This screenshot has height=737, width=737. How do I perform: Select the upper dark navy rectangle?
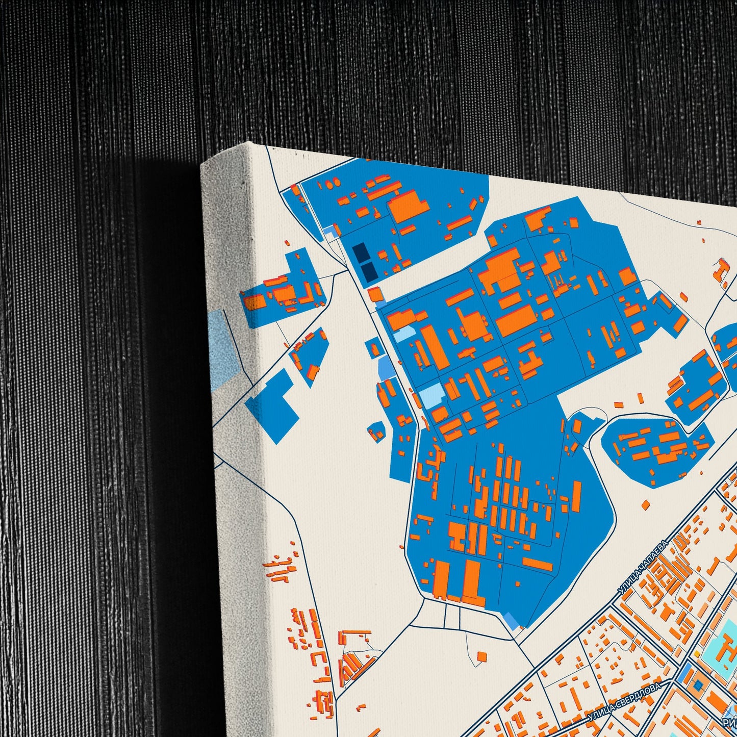[x=359, y=252]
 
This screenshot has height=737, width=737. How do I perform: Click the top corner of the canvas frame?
[x=248, y=143]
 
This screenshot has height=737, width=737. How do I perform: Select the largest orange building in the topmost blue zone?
[x=408, y=206]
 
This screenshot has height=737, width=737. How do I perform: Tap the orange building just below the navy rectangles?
[x=375, y=294]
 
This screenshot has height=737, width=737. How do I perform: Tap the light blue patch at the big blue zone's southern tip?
[x=511, y=621]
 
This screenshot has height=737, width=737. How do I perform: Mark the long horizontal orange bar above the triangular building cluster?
[x=356, y=633]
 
